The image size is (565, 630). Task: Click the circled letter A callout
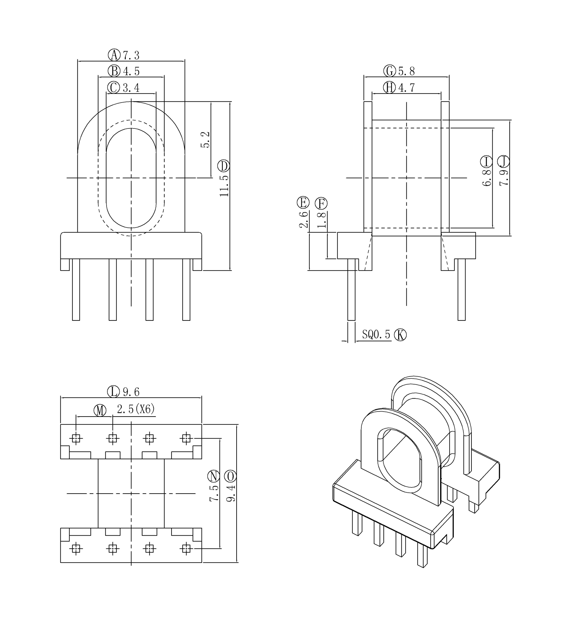114,55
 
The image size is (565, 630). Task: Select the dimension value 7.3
131,55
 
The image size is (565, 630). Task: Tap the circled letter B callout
114,71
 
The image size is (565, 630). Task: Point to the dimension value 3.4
131,88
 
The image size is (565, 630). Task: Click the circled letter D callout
224,166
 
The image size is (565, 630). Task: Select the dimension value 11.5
224,186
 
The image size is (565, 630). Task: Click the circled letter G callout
390,71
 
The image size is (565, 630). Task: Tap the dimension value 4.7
407,88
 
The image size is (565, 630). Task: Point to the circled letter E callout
303,203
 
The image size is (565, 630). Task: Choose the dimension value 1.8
322,220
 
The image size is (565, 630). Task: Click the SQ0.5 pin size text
376,334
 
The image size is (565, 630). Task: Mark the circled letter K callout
400,335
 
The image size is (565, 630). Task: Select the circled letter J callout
503,162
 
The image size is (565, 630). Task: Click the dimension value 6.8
487,178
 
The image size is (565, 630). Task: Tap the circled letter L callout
113,392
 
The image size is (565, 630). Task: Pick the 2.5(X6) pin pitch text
136,410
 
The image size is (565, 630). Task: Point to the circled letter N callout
214,476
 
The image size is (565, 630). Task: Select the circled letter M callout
100,411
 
